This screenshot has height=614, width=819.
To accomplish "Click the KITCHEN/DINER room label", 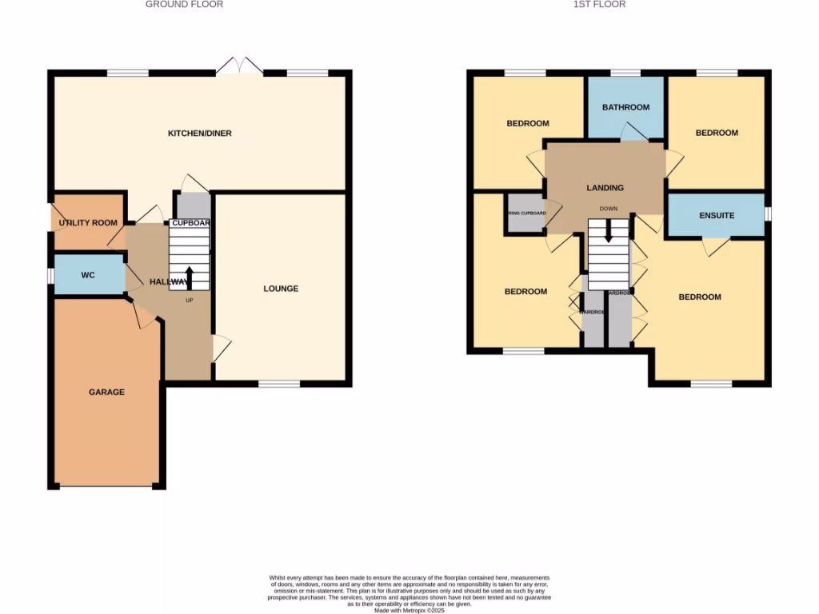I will point(199,133).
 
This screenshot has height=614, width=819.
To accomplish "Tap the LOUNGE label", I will point(281,289).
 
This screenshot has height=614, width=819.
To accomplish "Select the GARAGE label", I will point(106,393).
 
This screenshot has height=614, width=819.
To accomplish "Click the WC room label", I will point(88,275).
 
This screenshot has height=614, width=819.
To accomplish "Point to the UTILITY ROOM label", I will point(88,223).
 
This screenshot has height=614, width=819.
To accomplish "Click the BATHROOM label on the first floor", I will point(625,107).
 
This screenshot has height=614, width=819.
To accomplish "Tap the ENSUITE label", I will point(716,216).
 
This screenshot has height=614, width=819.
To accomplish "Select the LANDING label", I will point(605,188).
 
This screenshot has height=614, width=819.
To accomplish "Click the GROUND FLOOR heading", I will point(184,5).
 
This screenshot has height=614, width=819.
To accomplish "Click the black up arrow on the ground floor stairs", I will point(189,278).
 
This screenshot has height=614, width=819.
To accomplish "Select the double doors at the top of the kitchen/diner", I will point(239,68).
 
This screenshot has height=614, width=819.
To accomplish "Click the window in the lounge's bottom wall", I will point(279,385).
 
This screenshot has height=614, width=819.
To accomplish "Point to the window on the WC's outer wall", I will point(50,275).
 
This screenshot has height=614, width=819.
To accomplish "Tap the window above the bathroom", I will point(625,73).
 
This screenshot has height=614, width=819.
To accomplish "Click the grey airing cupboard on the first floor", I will point(525,213).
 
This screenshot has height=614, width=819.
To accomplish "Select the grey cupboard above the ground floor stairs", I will point(194,206).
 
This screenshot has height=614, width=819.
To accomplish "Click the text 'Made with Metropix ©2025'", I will point(409,610).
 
